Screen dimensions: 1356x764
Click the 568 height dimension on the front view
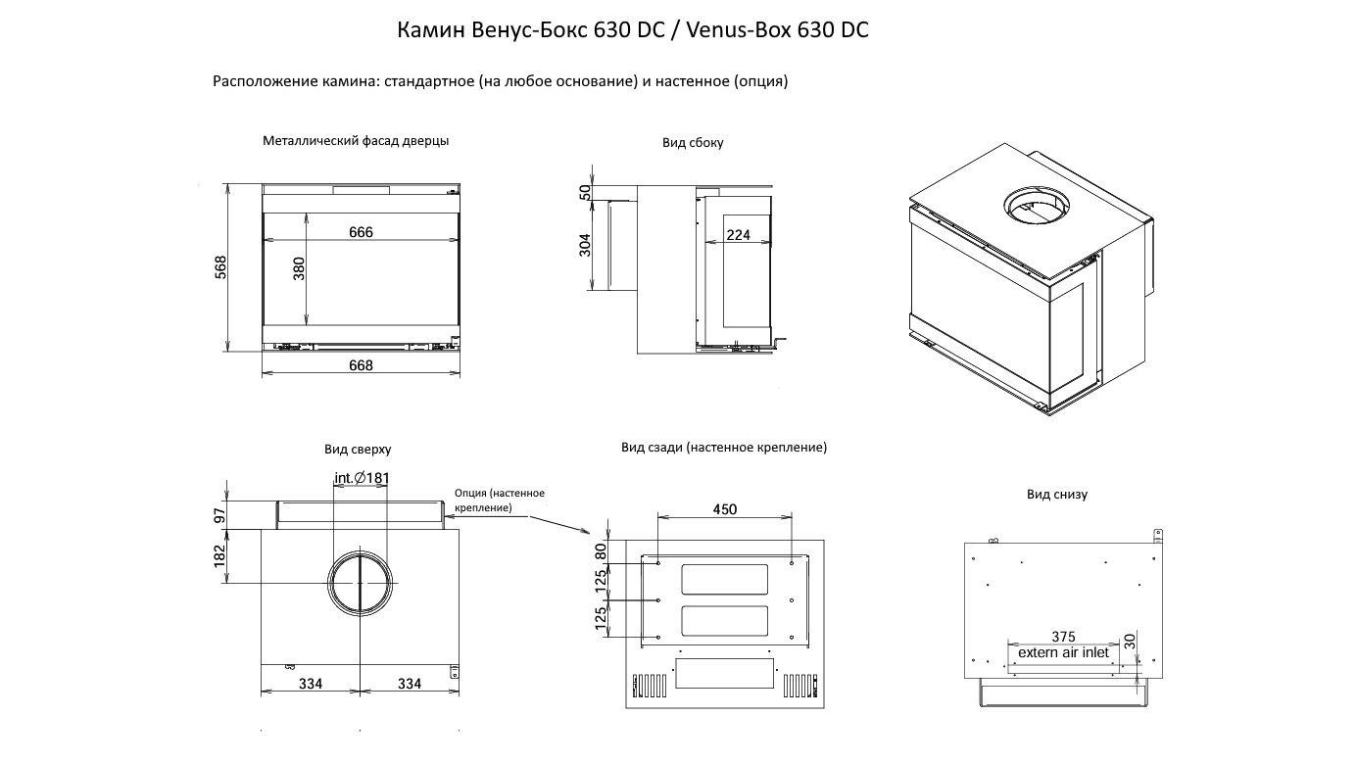pos(221,267)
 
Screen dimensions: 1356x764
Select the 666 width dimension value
pos(361,232)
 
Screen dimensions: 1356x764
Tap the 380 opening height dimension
pos(299,268)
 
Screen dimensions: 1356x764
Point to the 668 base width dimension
pos(361,365)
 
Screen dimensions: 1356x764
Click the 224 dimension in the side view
pos(739,235)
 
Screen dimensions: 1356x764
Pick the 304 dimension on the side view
pos(585,245)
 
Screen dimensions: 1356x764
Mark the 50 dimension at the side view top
pos(585,193)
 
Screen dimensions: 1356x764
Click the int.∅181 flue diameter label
pos(362,478)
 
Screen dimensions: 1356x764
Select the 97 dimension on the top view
pos(220,516)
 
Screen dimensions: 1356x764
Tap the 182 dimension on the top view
pos(219,556)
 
